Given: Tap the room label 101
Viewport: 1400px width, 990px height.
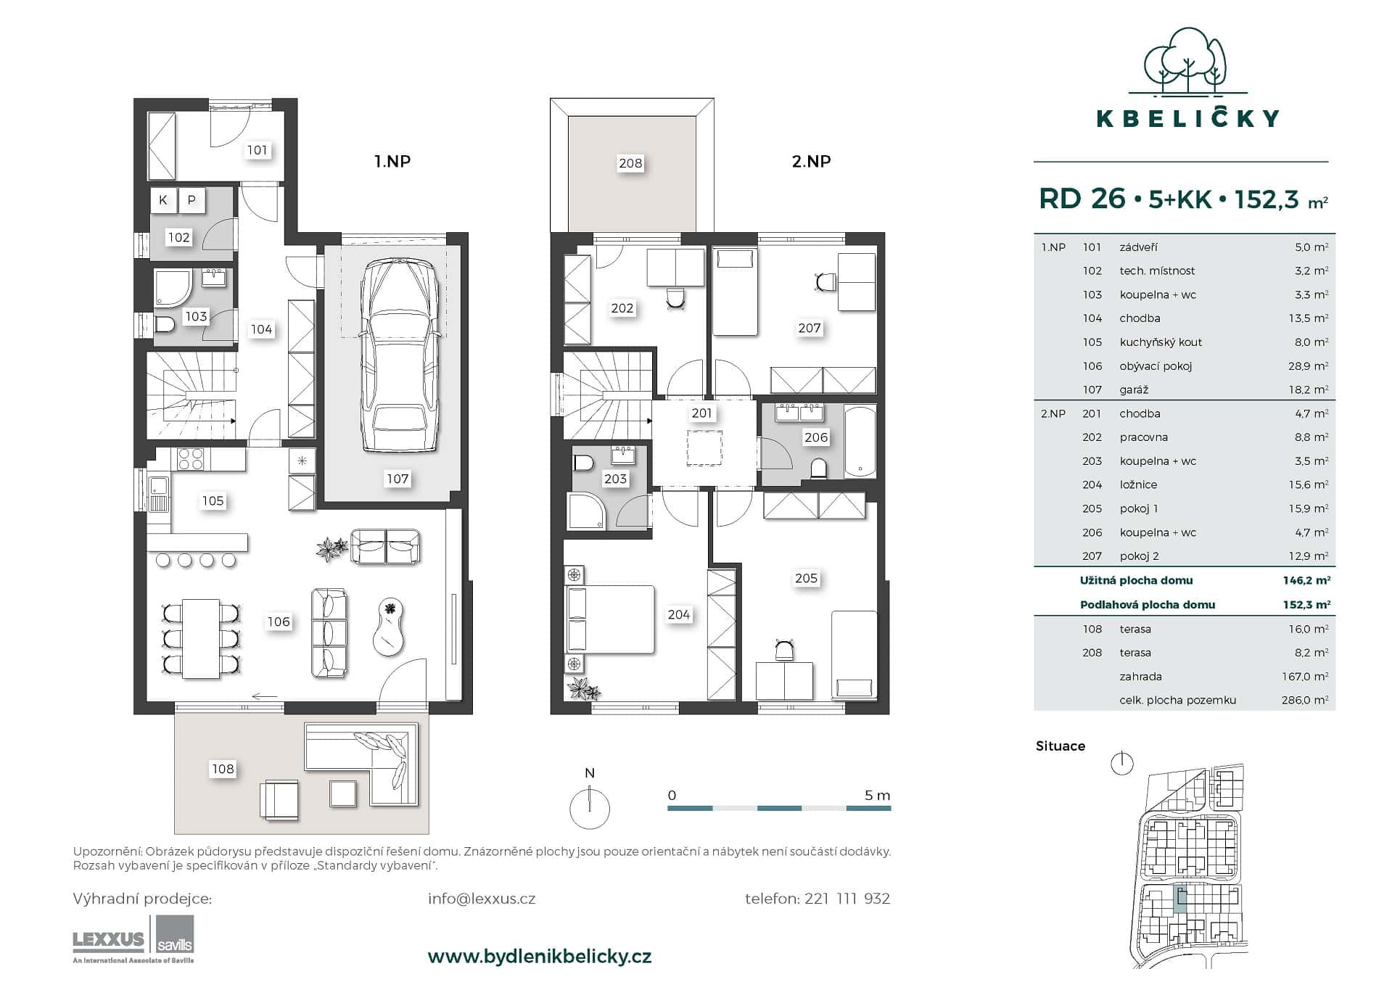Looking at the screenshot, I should pyautogui.click(x=257, y=150).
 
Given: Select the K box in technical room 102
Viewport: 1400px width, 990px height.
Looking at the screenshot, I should pyautogui.click(x=163, y=200).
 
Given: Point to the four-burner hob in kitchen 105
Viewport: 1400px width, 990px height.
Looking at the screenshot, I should pyautogui.click(x=191, y=459).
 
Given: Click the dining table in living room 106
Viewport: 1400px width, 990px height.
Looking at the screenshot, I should pyautogui.click(x=201, y=638).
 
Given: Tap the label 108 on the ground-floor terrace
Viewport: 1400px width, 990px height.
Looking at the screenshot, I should pyautogui.click(x=223, y=769).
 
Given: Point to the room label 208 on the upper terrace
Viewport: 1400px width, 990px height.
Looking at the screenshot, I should pyautogui.click(x=630, y=163).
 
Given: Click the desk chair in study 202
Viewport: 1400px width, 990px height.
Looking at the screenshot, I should pyautogui.click(x=675, y=298).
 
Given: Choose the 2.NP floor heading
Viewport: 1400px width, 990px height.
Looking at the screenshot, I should pyautogui.click(x=811, y=161).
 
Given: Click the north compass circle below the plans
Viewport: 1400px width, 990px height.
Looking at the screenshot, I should pyautogui.click(x=589, y=809).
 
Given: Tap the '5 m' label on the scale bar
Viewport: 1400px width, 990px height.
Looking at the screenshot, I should pyautogui.click(x=876, y=795).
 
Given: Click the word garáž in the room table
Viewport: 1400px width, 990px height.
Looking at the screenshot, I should pyautogui.click(x=1133, y=389).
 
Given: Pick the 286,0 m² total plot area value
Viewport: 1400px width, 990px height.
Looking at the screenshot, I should pyautogui.click(x=1304, y=700).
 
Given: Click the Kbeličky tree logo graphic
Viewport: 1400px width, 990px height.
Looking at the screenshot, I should pyautogui.click(x=1187, y=62).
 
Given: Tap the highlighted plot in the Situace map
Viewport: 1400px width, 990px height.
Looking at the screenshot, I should pyautogui.click(x=1180, y=900).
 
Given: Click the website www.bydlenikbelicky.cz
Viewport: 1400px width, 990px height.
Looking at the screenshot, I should pyautogui.click(x=540, y=956).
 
